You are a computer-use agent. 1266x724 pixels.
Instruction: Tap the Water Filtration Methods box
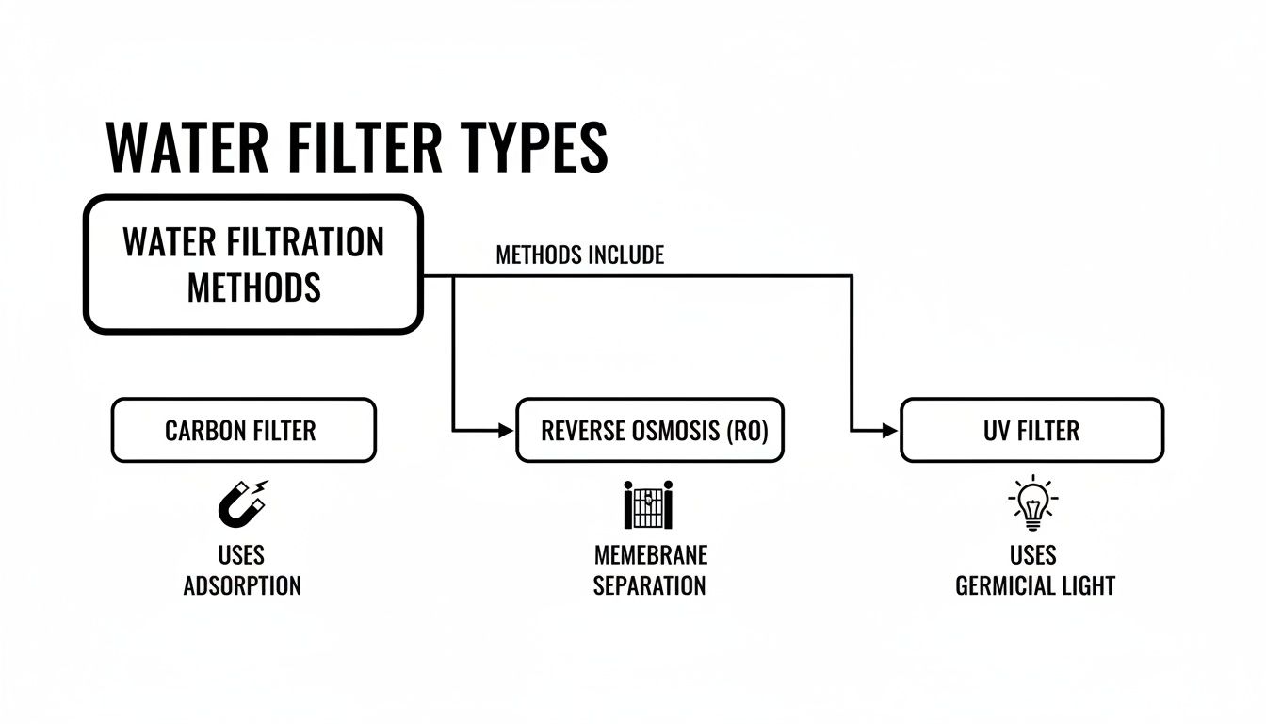252,264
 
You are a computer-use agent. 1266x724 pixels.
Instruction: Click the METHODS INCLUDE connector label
579,255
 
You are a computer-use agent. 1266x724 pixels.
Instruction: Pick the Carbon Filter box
243,431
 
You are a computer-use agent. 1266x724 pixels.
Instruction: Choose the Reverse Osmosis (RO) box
650,431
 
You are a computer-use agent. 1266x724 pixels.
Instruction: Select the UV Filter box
1031,431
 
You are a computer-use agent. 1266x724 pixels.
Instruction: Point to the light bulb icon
1032,502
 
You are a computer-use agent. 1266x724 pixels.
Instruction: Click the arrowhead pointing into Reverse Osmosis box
509,431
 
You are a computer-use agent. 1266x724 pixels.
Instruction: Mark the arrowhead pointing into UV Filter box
891,431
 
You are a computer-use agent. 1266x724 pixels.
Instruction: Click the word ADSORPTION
242,585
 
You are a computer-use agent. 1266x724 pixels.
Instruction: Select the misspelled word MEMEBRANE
650,554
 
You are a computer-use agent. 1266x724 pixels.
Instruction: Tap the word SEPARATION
650,585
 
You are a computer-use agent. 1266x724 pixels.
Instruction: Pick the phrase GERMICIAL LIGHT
1034,585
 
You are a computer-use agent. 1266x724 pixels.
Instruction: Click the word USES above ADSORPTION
241,554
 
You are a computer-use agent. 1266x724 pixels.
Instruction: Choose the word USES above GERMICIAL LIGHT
1032,554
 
